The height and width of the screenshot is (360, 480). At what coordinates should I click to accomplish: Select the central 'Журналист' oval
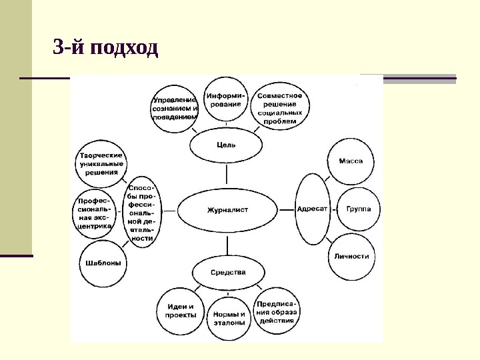coord(227,209)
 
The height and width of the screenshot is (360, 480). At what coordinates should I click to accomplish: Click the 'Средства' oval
coord(228,272)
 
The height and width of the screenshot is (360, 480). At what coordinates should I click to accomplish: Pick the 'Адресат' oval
coord(312,209)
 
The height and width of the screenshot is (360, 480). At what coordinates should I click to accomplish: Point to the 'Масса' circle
coord(351,161)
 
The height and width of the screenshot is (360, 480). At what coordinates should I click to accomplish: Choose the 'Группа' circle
coord(363,209)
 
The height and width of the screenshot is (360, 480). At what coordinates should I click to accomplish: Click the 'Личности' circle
coord(351,256)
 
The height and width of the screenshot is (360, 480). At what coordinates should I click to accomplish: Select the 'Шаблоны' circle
coord(104,263)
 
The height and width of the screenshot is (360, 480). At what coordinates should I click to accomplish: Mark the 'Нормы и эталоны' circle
coord(229,318)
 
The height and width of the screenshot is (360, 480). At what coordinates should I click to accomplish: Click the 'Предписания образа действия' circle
coord(279,311)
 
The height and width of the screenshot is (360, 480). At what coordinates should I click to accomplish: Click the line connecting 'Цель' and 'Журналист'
coord(227,175)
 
